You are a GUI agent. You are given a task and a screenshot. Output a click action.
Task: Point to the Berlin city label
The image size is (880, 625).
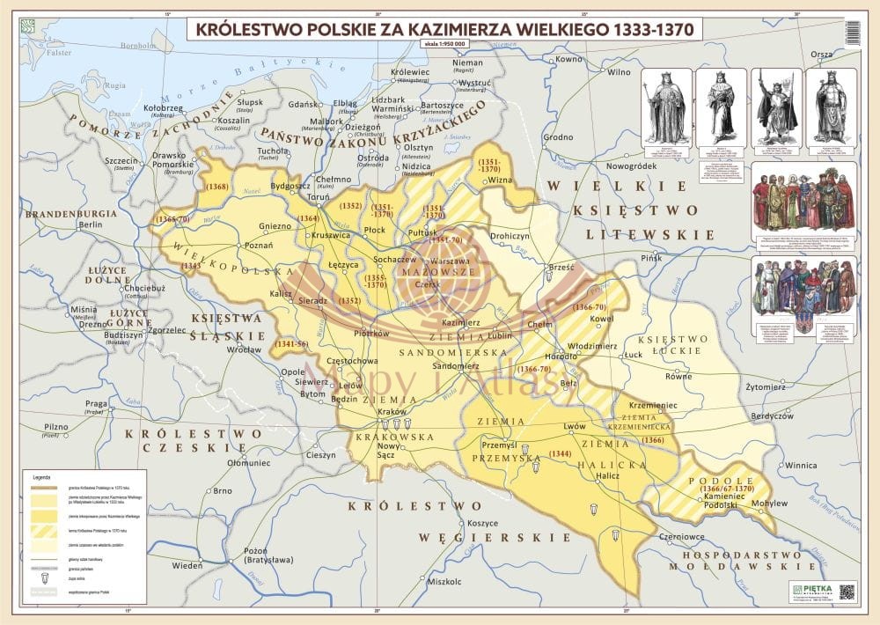[91, 224]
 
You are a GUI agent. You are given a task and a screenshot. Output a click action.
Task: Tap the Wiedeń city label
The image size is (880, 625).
[187, 564]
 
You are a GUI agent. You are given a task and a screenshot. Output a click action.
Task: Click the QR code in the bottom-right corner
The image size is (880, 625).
[847, 592]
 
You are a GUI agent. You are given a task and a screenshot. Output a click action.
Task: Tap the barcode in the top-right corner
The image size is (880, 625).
[851, 33]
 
